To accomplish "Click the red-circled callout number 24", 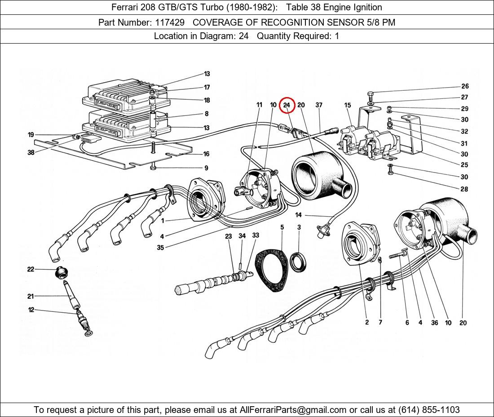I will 287,105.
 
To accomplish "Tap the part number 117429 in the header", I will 170,22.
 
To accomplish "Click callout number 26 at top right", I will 464,86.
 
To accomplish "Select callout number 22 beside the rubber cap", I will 31,269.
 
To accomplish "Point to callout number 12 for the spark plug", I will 31,310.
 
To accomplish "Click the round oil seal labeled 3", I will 299,263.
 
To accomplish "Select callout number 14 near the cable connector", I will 299,215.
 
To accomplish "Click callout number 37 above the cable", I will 319,105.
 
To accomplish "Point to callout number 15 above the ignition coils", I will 348,105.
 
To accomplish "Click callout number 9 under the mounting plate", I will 206,168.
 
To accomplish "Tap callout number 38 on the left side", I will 31,152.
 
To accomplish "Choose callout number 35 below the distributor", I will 160,248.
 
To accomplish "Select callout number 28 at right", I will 464,189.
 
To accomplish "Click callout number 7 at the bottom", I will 380,323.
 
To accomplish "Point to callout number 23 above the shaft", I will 229,236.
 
